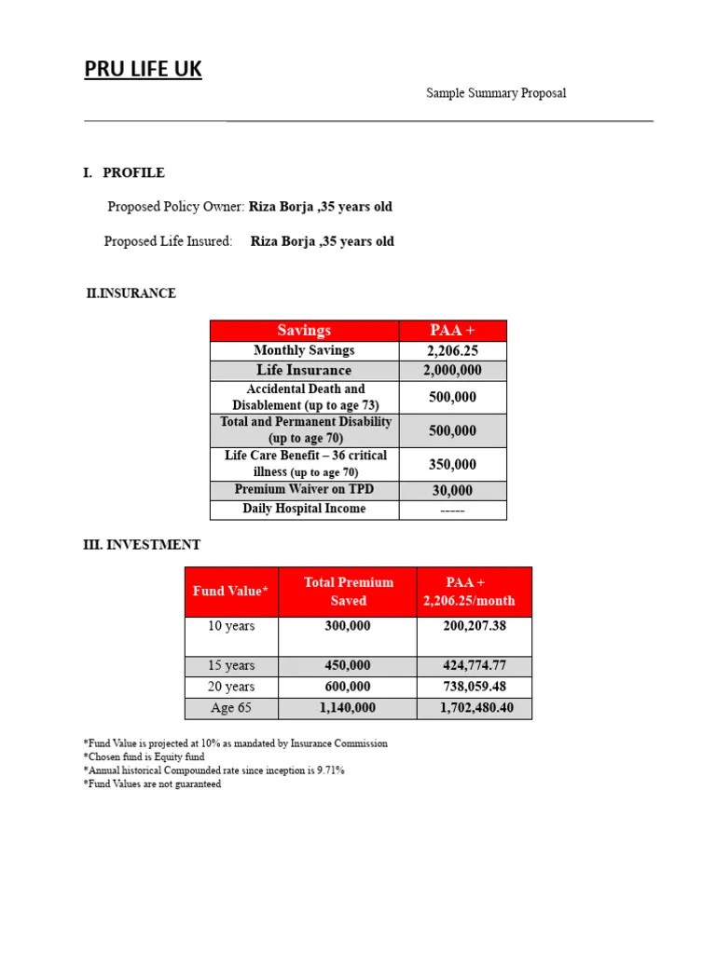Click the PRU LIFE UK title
[143, 69]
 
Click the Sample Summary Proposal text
[496, 93]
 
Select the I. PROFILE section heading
[124, 172]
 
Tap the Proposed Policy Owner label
[176, 207]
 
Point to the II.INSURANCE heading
[131, 293]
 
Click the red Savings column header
[304, 331]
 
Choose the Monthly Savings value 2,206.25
[452, 351]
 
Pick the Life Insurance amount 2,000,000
[452, 371]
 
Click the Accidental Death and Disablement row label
[305, 397]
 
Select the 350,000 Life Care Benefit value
[452, 464]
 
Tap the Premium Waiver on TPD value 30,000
[452, 490]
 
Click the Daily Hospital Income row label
[304, 509]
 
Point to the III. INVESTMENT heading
[142, 545]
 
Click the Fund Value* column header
[230, 592]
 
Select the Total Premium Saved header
[348, 592]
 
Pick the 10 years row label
[231, 626]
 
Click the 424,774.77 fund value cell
[474, 666]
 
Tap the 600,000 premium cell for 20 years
[348, 687]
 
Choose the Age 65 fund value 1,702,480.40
[474, 708]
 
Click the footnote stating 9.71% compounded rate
[213, 770]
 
